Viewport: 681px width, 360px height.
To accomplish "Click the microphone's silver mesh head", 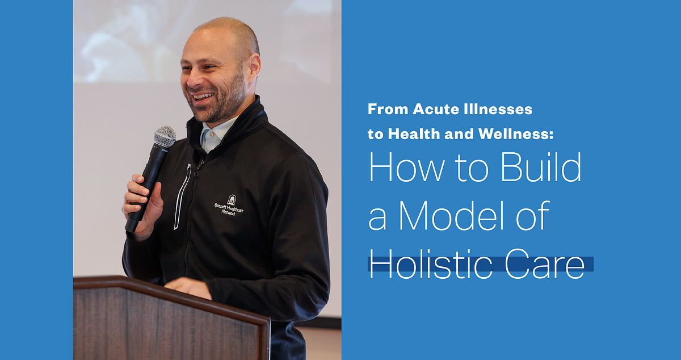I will coord(165,136).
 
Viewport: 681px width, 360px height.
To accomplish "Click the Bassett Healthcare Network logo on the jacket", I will coord(229,205).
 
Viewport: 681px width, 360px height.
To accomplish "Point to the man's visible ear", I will coord(254,68).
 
